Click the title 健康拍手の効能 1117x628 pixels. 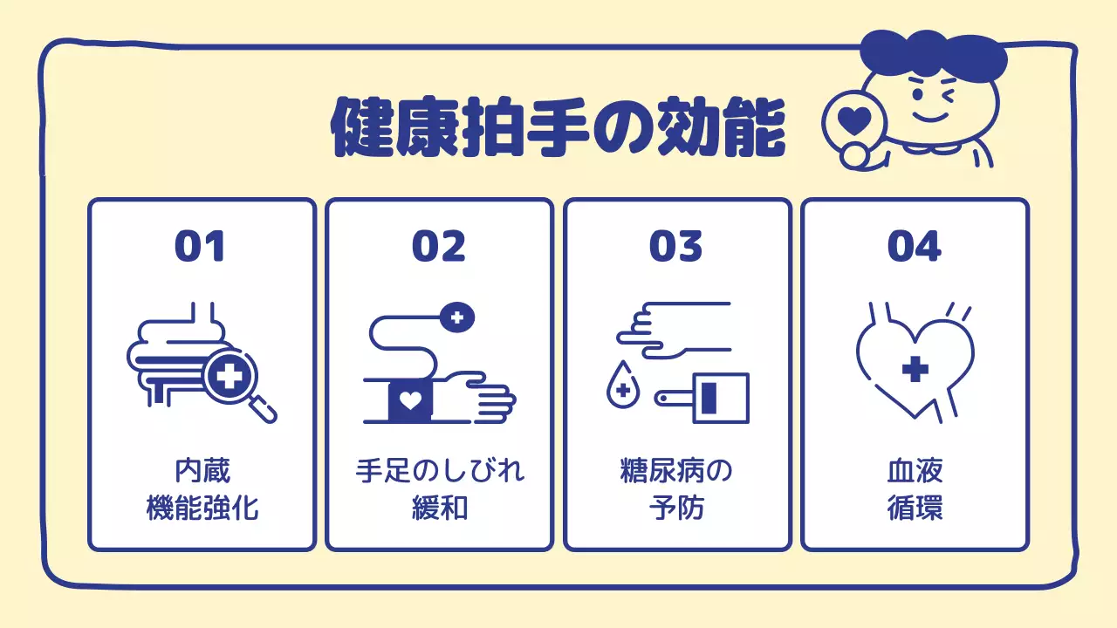(558, 126)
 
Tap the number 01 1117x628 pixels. (200, 246)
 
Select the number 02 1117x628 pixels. (439, 246)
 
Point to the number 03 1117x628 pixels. (676, 246)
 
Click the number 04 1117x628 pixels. (915, 246)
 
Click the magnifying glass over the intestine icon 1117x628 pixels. (230, 378)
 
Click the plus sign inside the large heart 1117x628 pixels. (915, 370)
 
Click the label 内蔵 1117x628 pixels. (202, 472)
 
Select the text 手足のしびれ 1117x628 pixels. (440, 472)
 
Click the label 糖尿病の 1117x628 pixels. (676, 472)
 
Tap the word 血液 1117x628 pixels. (915, 472)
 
